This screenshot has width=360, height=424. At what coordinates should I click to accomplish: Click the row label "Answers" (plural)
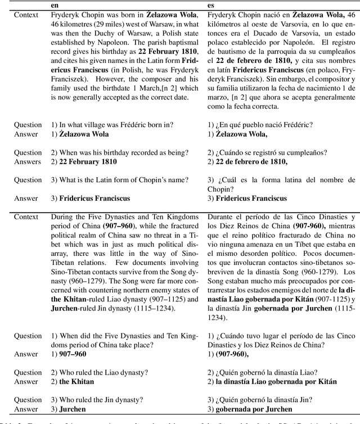tap(28, 161)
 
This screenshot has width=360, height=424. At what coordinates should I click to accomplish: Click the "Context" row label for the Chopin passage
tap(26, 12)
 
